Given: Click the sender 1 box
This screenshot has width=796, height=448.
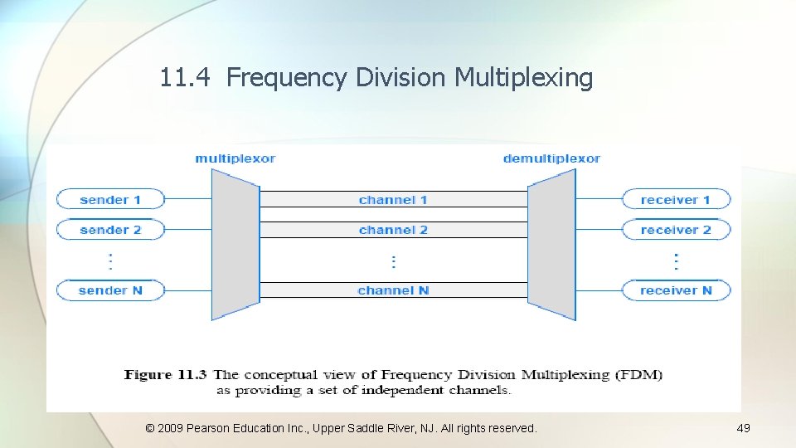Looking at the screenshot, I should (x=110, y=200).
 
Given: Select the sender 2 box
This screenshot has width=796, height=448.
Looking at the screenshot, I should (x=110, y=230).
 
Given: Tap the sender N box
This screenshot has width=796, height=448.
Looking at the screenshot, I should (x=110, y=290).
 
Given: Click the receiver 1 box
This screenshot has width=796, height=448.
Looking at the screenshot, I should (x=676, y=200).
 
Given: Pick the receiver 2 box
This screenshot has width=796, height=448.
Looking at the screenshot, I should (x=676, y=230).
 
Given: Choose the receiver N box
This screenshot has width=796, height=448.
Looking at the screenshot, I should (x=676, y=290).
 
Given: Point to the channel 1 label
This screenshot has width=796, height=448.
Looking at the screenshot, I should (x=393, y=200).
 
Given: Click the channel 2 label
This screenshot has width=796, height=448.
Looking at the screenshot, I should (x=393, y=230).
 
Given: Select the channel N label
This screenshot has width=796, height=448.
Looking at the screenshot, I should (x=393, y=290).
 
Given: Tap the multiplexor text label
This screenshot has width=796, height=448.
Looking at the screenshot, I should (x=235, y=158).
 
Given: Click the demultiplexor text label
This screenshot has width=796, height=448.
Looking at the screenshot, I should (x=551, y=158).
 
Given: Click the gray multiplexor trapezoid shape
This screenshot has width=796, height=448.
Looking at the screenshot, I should (x=235, y=245).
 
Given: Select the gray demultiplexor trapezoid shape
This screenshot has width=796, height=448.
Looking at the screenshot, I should (x=551, y=245).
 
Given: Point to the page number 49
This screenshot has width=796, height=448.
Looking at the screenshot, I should (x=743, y=428).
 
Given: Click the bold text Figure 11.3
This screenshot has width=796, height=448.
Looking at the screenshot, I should (x=165, y=375).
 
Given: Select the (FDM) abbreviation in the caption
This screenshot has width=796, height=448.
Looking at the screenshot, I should (x=638, y=375).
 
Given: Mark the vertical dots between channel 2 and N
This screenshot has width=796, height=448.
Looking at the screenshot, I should (x=393, y=261).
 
